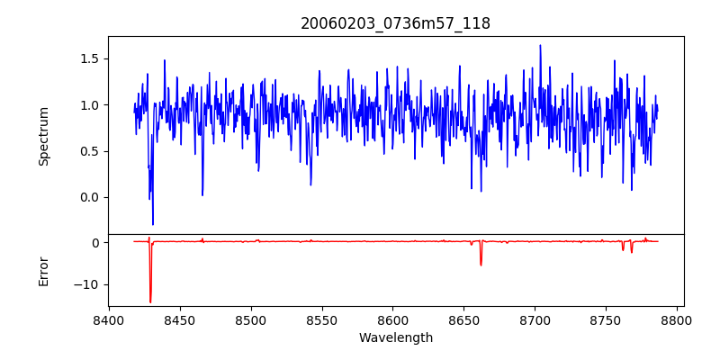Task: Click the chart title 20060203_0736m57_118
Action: pyautogui.click(x=395, y=23)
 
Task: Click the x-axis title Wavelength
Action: pyautogui.click(x=395, y=337)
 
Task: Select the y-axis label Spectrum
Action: pyautogui.click(x=43, y=136)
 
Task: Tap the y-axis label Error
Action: pyautogui.click(x=43, y=271)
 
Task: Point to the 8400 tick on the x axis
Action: pyautogui.click(x=109, y=319)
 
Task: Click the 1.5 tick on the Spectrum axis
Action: pyautogui.click(x=90, y=59)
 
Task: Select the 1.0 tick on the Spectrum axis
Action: pyautogui.click(x=90, y=105)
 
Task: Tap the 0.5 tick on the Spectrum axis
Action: pyautogui.click(x=90, y=151)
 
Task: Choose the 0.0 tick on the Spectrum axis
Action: pyautogui.click(x=90, y=197)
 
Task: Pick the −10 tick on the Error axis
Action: pyautogui.click(x=86, y=284)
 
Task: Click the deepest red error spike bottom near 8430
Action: pyautogui.click(x=150, y=301)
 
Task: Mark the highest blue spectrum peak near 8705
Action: pyautogui.click(x=540, y=45)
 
